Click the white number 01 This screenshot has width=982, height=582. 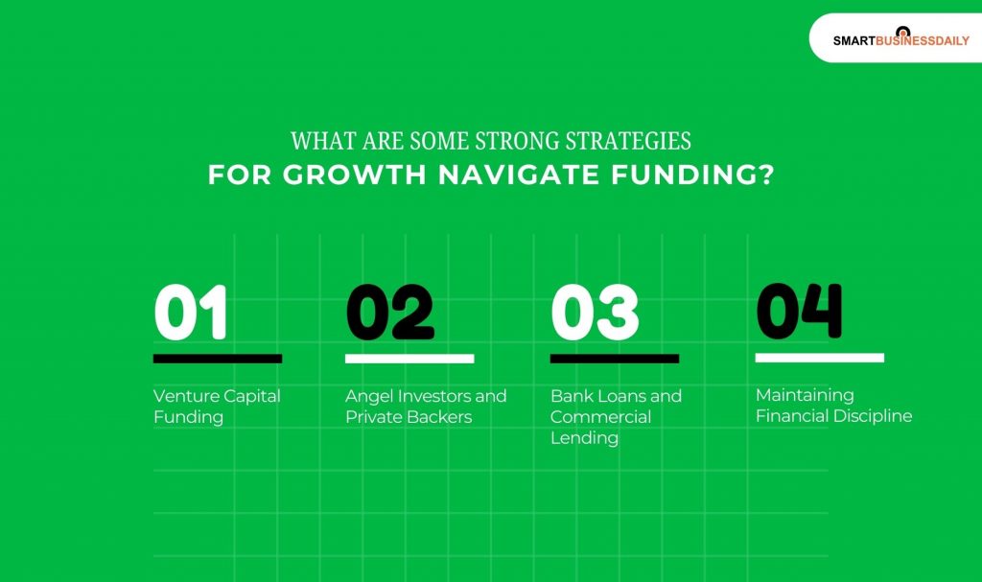pyautogui.click(x=191, y=313)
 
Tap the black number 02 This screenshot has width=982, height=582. pyautogui.click(x=389, y=313)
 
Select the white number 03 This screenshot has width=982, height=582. pyautogui.click(x=595, y=313)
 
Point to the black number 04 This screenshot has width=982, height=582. pyautogui.click(x=799, y=311)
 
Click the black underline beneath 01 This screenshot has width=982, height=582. pyautogui.click(x=217, y=359)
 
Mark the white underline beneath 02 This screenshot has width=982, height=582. pyautogui.click(x=409, y=359)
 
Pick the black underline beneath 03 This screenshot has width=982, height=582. pyautogui.click(x=614, y=359)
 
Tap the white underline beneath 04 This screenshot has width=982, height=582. pyautogui.click(x=819, y=358)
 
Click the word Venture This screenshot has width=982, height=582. pyautogui.click(x=186, y=396)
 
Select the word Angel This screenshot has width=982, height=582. pyautogui.click(x=368, y=396)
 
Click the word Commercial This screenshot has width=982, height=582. pyautogui.click(x=600, y=417)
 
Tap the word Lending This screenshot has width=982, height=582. pyautogui.click(x=584, y=438)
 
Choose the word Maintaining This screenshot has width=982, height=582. pyautogui.click(x=804, y=395)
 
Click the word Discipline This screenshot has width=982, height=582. pyautogui.click(x=873, y=416)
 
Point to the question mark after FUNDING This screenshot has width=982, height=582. pyautogui.click(x=765, y=175)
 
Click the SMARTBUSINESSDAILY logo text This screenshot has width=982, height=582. pyautogui.click(x=900, y=41)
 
